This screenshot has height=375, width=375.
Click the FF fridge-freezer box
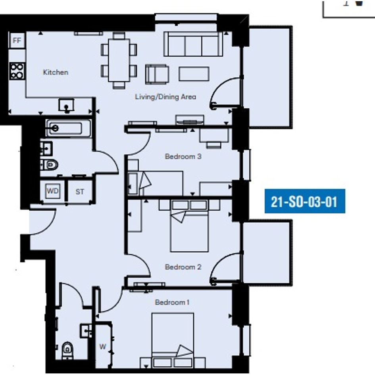[17, 40]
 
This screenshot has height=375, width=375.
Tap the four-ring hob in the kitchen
[17, 71]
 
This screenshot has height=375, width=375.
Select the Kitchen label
[56, 72]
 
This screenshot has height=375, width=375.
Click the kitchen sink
[66, 105]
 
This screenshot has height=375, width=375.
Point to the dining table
[119, 60]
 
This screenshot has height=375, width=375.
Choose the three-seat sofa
[193, 44]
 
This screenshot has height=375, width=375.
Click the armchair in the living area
[157, 74]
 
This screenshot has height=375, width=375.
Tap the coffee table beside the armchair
[194, 74]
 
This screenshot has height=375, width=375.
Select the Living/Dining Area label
[165, 97]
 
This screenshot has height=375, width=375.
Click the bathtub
[68, 129]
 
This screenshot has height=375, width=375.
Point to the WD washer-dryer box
[53, 191]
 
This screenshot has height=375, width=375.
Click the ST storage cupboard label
[80, 192]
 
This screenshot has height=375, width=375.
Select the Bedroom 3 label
[183, 157]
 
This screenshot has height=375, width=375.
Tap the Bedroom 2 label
[183, 267]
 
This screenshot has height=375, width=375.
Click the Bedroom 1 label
[172, 302]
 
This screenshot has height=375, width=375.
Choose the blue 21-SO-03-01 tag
[305, 201]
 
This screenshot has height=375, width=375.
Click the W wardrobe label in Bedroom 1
[103, 346]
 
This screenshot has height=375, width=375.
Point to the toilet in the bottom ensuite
[67, 351]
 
